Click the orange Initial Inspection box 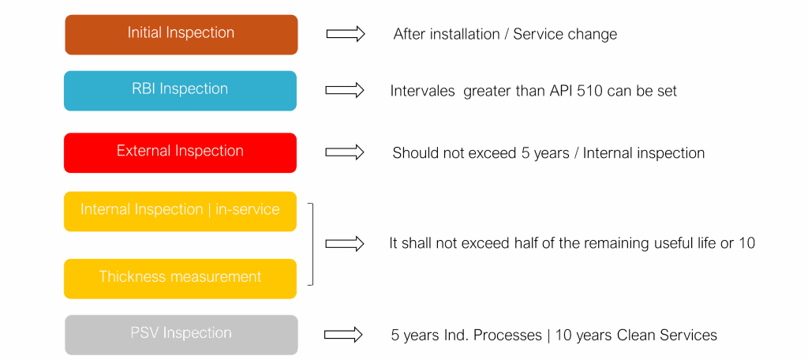[x=181, y=34]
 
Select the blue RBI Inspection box [x=180, y=90]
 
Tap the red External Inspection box [x=180, y=152]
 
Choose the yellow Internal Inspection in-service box [x=180, y=211]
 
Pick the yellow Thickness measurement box [x=180, y=278]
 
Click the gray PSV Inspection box [x=181, y=334]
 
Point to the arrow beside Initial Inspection [x=345, y=34]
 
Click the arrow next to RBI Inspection [x=345, y=90]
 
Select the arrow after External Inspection [x=345, y=152]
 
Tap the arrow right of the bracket [x=345, y=244]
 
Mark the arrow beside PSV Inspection [x=345, y=335]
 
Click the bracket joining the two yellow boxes [x=312, y=243]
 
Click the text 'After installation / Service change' [x=505, y=35]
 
